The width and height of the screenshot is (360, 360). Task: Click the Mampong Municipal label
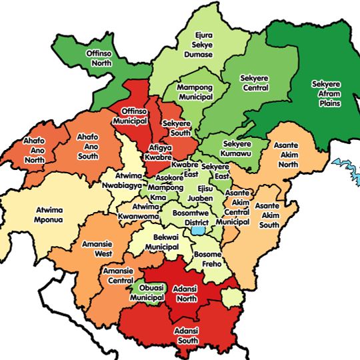[195, 92]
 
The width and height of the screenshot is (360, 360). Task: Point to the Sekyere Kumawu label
[238, 148]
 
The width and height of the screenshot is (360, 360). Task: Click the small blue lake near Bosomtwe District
[197, 231]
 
